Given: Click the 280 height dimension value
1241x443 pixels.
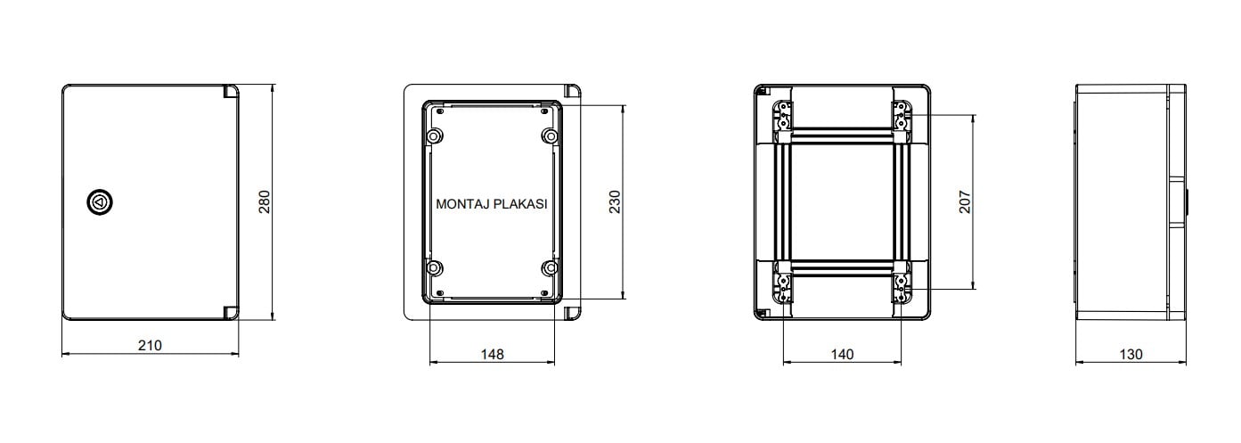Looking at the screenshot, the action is (x=265, y=201).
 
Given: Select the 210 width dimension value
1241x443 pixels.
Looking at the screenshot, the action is (x=150, y=346).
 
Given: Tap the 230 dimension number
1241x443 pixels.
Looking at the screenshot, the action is (x=615, y=201).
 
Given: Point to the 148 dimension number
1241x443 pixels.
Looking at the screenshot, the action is (x=492, y=354).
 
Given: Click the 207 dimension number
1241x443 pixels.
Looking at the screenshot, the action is (x=965, y=201).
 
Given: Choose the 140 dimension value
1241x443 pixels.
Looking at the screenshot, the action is (x=842, y=354).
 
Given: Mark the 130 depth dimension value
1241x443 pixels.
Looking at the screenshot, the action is (x=1131, y=354).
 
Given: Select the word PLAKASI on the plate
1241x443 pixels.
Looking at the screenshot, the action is (x=519, y=204).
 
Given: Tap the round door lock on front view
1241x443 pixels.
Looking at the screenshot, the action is (x=100, y=201).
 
